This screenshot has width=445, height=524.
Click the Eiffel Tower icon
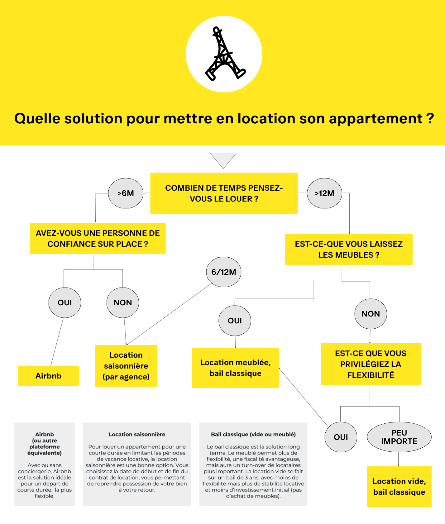click(x=224, y=54)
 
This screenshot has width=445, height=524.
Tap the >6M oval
click(x=126, y=193)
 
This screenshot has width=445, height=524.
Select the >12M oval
click(x=324, y=193)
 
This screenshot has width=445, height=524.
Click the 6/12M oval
click(x=224, y=272)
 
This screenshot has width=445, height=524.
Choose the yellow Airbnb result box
click(x=48, y=376)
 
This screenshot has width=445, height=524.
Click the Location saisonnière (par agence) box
click(x=126, y=366)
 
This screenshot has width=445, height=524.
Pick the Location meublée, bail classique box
click(x=235, y=368)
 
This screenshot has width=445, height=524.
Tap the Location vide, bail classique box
click(x=399, y=487)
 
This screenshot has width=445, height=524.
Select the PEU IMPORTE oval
click(x=399, y=437)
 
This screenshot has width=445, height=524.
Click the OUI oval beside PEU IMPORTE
click(x=341, y=437)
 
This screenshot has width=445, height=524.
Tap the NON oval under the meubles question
click(x=371, y=314)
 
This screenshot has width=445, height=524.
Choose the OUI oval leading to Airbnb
click(x=65, y=302)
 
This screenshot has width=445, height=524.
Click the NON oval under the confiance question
click(x=123, y=302)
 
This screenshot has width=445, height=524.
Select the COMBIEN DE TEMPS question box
click(x=224, y=193)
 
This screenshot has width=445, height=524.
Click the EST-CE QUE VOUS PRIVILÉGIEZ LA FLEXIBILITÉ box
click(x=371, y=364)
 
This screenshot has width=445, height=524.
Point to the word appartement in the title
click(x=376, y=119)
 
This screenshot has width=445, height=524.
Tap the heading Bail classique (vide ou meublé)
click(x=253, y=434)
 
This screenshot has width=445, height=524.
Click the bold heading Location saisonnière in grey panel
click(x=137, y=434)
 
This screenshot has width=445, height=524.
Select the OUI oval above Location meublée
click(x=235, y=321)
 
